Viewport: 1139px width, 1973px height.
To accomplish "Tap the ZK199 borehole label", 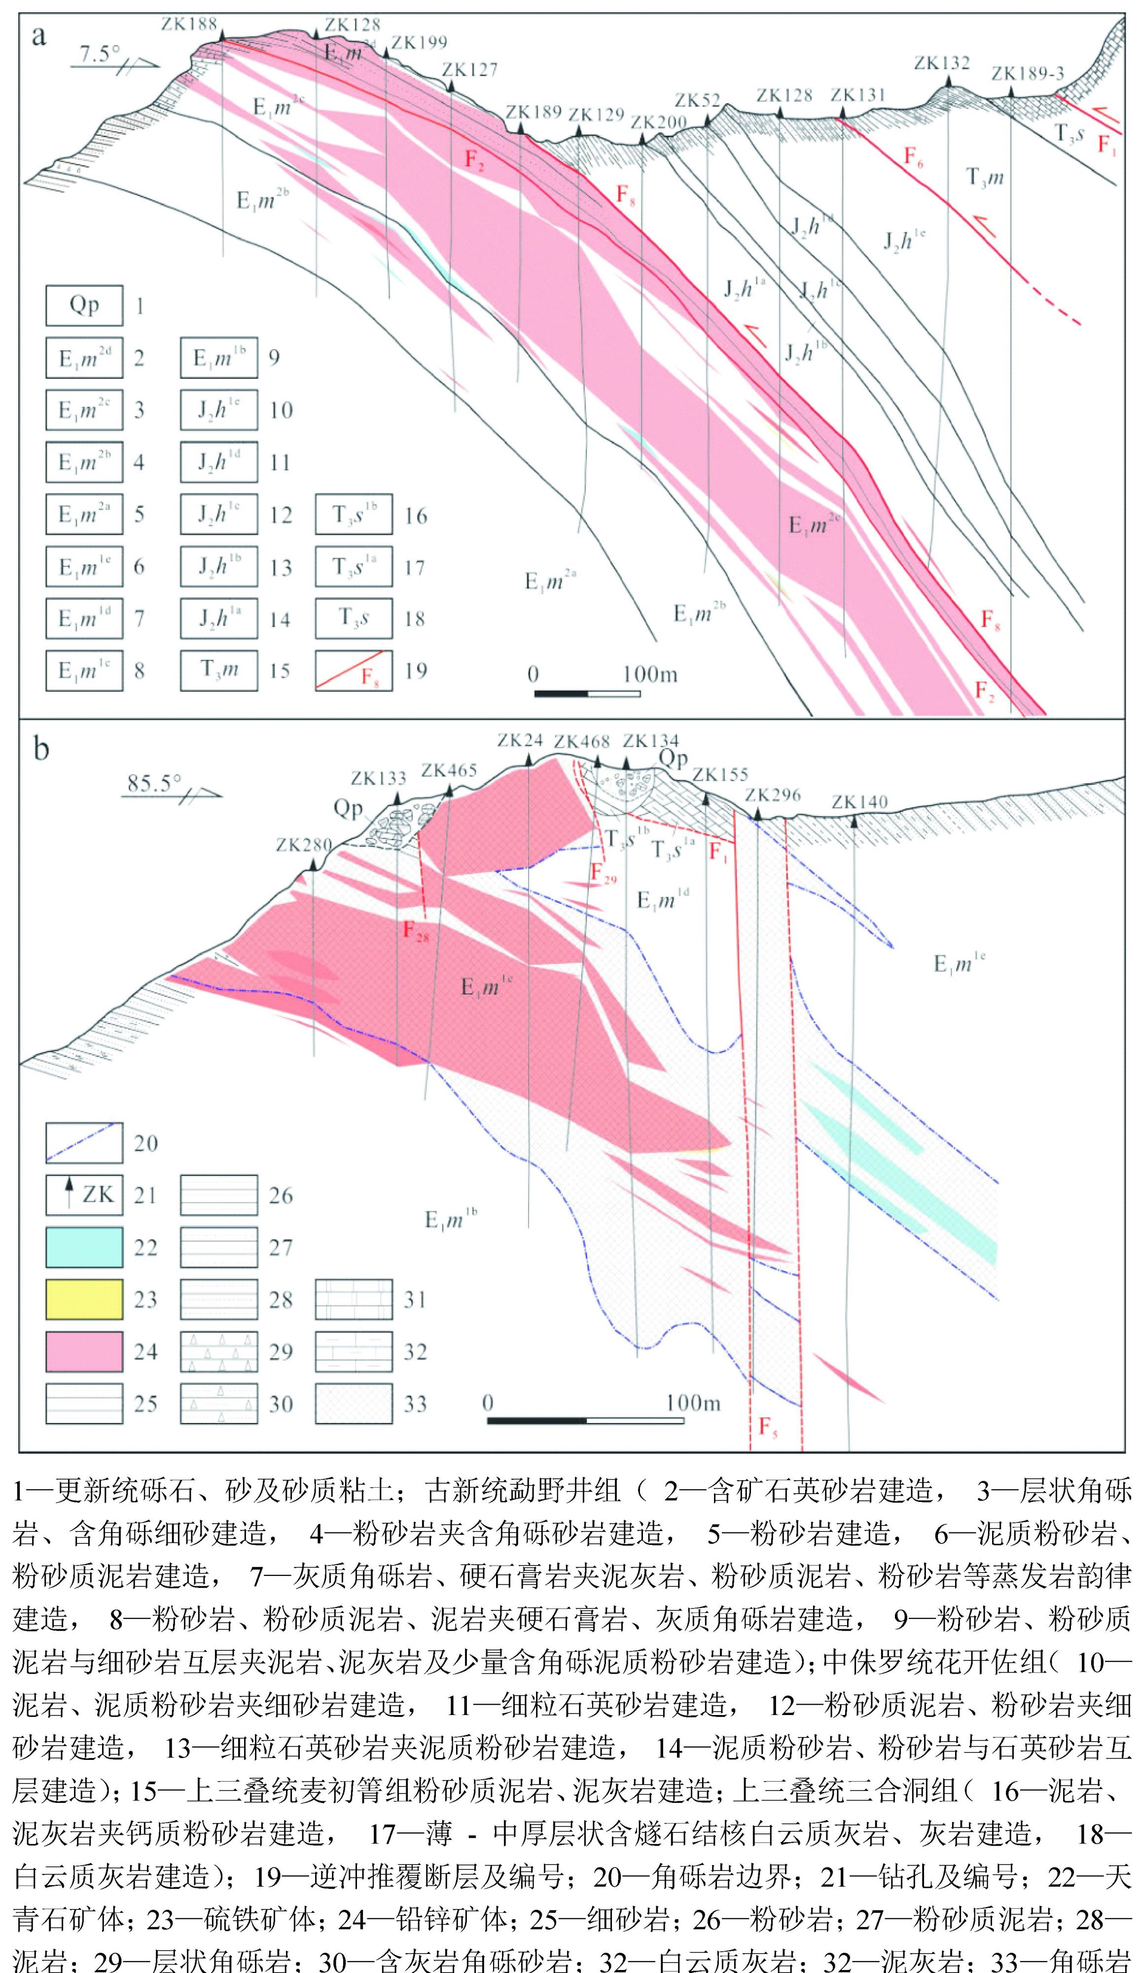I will tap(419, 42).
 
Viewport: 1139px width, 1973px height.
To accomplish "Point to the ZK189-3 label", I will tap(1027, 74).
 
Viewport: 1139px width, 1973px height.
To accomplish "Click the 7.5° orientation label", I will tap(100, 54).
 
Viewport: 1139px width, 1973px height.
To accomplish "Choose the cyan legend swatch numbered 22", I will tap(84, 1247).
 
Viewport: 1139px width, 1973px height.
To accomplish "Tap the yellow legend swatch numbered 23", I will tap(84, 1299).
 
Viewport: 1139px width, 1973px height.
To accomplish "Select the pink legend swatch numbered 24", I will tap(84, 1351).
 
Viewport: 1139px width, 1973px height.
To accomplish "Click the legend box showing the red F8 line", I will tap(354, 670).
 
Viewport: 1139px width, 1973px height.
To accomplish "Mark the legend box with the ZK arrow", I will tap(84, 1195).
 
